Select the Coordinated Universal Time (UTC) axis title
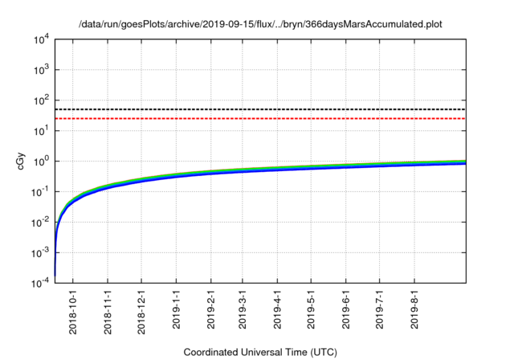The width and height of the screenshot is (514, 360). click(x=259, y=352)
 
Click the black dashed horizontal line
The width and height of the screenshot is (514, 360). click(x=265, y=109)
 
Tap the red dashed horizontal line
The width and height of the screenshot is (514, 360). click(x=265, y=119)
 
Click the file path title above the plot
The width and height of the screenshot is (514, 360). click(x=259, y=25)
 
